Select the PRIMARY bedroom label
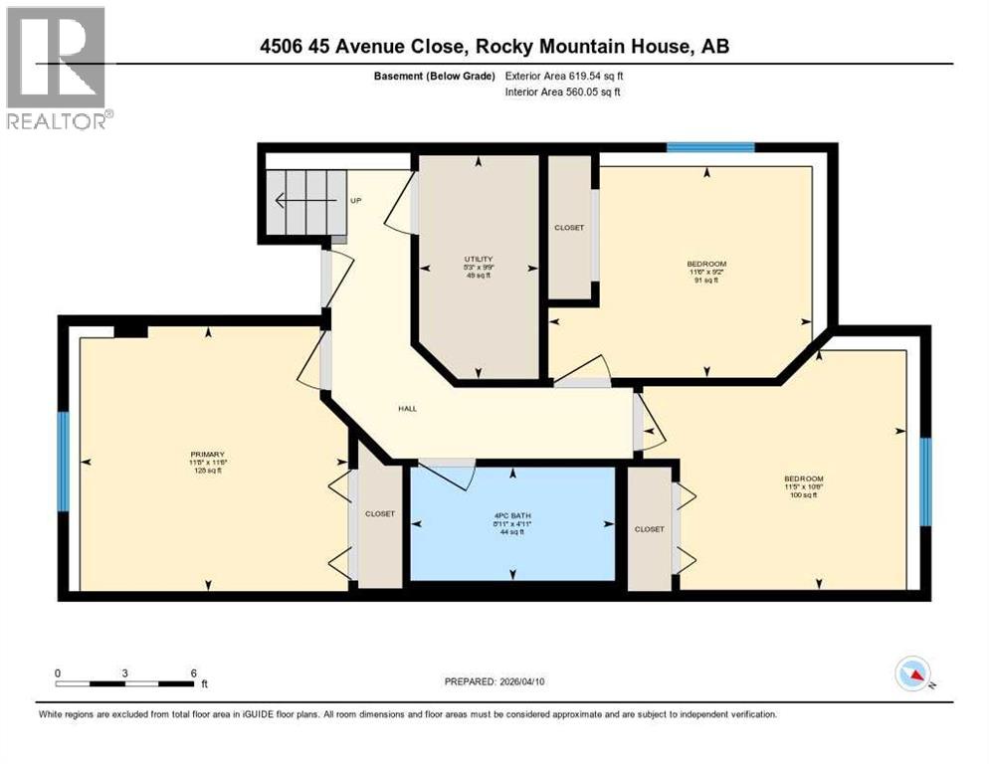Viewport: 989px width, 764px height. pos(209,454)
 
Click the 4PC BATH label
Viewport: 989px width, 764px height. pos(511,515)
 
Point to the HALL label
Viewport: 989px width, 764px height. pos(408,408)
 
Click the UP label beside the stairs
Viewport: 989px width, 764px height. pos(355,201)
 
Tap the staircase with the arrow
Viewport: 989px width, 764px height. pos(304,202)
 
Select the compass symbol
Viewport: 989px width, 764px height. pos(912,674)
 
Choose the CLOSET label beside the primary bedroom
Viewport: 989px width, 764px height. pos(379,514)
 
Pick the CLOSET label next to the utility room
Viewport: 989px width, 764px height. pos(568,228)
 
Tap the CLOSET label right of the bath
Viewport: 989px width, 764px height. pos(649,529)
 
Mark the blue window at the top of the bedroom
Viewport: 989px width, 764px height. pos(710,147)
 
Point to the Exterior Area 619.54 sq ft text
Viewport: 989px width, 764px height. pos(564,76)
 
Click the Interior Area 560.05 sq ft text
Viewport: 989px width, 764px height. pos(563,93)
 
